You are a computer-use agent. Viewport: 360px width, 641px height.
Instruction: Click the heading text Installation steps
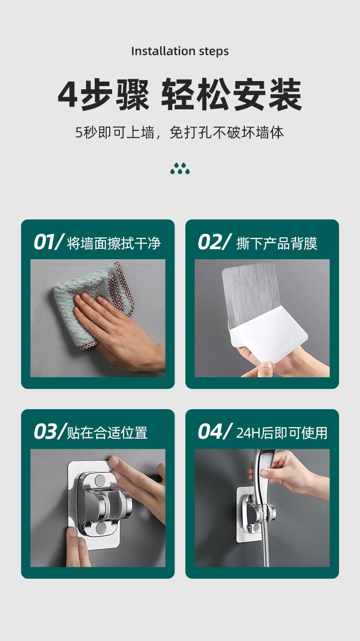tap(180, 51)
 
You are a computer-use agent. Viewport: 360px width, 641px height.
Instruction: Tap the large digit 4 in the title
tap(67, 95)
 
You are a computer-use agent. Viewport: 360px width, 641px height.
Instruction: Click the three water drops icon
tap(180, 169)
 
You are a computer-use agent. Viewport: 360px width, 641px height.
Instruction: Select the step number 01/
tap(48, 242)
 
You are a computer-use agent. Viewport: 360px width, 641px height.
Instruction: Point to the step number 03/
tap(49, 432)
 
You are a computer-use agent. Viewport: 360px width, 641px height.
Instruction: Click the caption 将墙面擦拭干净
tap(114, 243)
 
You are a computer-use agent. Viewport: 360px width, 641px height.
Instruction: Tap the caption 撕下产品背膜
tap(277, 243)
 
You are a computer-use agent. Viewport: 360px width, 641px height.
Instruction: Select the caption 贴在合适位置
tap(108, 433)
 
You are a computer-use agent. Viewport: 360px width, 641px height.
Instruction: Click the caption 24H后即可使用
tap(282, 433)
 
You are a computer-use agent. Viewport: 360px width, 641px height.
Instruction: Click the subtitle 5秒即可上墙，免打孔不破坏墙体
tap(180, 133)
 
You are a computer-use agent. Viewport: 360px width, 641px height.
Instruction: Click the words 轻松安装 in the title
tap(231, 95)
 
